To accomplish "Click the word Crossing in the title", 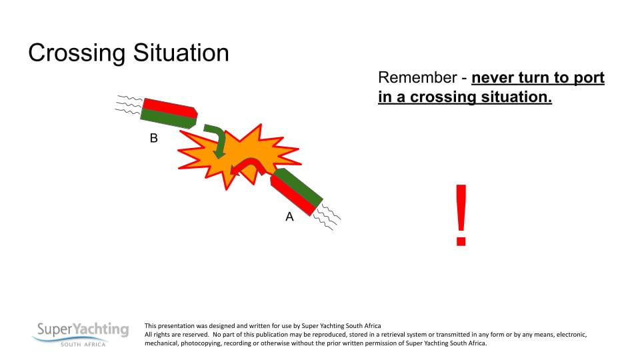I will point(70,53).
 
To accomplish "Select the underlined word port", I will point(587,78).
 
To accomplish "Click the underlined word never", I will point(493,78).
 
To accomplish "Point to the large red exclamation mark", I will point(461,215).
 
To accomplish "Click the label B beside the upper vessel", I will point(153,139).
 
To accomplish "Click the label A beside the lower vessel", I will point(289,217).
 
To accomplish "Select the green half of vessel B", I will point(167,118).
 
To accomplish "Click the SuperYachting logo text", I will point(83,329).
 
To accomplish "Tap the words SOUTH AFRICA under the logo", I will point(83,344).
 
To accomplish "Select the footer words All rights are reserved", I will point(176,335).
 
